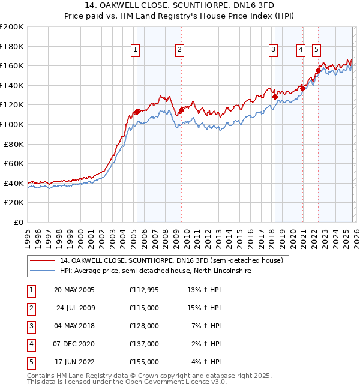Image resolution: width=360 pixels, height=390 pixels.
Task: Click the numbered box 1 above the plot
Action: pos(136,50)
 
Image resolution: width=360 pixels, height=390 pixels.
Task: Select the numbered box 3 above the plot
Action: pos(273,50)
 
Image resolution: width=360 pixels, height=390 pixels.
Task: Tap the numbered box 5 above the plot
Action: pos(316,50)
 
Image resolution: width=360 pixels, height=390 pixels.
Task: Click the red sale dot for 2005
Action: pos(137,111)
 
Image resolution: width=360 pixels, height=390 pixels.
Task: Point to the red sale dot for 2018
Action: pos(275,96)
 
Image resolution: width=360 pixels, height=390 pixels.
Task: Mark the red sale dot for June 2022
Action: pos(318,70)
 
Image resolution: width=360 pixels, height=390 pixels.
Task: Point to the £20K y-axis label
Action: pos(14,203)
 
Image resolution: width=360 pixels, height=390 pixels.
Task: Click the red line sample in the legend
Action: pos(43,260)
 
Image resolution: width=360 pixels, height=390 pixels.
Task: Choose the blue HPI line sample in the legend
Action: pos(43,271)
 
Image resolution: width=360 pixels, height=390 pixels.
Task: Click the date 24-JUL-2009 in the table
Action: pos(76,308)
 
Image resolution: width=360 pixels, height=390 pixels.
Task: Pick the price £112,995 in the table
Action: pos(144,290)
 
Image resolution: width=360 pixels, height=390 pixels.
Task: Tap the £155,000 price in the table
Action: pos(144,362)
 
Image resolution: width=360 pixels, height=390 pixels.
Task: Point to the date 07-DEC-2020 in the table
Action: pos(76,344)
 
